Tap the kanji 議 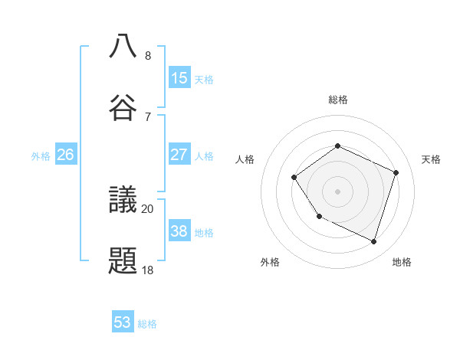pyautogui.click(x=123, y=199)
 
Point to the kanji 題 pyautogui.click(x=123, y=260)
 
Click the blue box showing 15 pyautogui.click(x=179, y=78)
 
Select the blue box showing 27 pyautogui.click(x=179, y=154)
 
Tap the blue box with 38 pyautogui.click(x=179, y=231)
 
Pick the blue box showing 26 pyautogui.click(x=66, y=155)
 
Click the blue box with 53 pyautogui.click(x=123, y=322)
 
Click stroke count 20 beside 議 pyautogui.click(x=148, y=208)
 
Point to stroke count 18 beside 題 pyautogui.click(x=148, y=270)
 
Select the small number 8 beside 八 pyautogui.click(x=148, y=55)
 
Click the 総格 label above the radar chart pyautogui.click(x=337, y=100)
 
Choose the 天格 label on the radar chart pyautogui.click(x=431, y=159)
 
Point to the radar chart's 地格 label pyautogui.click(x=402, y=262)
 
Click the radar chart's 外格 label pyautogui.click(x=270, y=262)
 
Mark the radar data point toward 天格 pyautogui.click(x=396, y=172)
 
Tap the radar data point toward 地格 pyautogui.click(x=374, y=242)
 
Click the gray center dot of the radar pyautogui.click(x=337, y=191)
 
